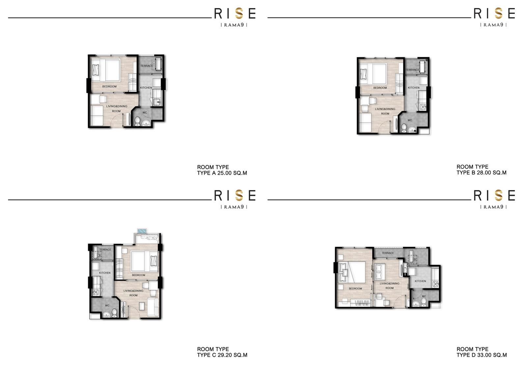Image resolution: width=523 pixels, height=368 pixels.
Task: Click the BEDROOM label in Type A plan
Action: [x=109, y=87]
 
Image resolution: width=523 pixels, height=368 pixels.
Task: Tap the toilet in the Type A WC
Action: [x=137, y=122]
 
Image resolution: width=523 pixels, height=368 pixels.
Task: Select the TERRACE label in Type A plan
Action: [x=147, y=66]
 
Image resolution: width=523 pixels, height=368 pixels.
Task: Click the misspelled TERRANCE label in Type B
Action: [x=412, y=70]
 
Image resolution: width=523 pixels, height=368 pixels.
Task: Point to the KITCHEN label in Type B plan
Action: [x=414, y=88]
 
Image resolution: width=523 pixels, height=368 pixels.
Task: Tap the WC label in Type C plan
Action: [x=107, y=305]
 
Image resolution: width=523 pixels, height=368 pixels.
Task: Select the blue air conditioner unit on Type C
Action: [x=142, y=231]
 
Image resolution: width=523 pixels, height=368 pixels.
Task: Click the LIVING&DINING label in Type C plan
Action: [x=133, y=291]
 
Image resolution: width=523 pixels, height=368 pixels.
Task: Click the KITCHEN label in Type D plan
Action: [x=420, y=281]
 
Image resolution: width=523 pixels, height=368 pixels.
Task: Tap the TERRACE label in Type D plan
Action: [x=388, y=253]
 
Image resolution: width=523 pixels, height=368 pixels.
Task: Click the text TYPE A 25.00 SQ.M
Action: [x=222, y=173]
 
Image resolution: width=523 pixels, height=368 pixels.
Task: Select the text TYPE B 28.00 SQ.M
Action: [x=481, y=172]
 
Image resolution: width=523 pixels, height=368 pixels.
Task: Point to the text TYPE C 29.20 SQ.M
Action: [x=222, y=355]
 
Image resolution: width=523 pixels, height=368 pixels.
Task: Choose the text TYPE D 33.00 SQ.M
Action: [x=482, y=355]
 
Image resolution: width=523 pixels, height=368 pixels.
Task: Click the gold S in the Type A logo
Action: [x=239, y=13]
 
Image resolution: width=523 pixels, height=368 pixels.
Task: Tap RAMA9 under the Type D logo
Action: [x=493, y=207]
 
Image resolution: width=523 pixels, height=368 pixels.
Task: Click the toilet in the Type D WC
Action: [x=424, y=302]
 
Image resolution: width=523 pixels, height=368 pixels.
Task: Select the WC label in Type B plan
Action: [x=410, y=120]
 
